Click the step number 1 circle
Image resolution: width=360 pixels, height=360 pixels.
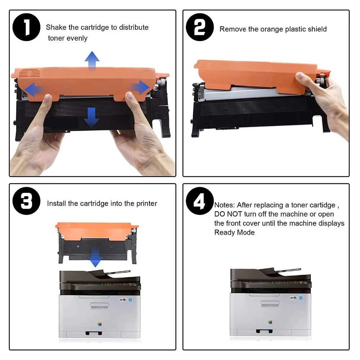(x=26, y=27)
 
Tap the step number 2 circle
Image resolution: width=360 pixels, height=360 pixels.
(x=200, y=27)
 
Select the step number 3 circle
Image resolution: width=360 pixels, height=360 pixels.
(x=26, y=201)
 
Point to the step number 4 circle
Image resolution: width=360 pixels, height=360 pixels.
(x=200, y=201)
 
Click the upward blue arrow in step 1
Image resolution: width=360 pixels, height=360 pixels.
(x=92, y=60)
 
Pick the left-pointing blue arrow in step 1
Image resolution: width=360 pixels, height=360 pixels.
(x=33, y=90)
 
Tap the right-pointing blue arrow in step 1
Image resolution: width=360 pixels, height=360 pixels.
(x=140, y=87)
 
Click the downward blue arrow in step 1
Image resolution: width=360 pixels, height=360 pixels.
(x=91, y=117)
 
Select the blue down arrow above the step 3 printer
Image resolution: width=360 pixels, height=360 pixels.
(x=95, y=258)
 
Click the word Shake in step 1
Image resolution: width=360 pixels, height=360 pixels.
(x=56, y=27)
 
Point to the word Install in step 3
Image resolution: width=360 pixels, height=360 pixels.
(x=57, y=203)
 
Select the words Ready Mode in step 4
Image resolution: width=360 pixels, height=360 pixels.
(x=234, y=232)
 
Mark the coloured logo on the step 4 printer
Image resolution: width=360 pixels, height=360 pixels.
(x=270, y=322)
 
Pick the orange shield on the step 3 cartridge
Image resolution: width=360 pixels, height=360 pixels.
(x=96, y=230)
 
